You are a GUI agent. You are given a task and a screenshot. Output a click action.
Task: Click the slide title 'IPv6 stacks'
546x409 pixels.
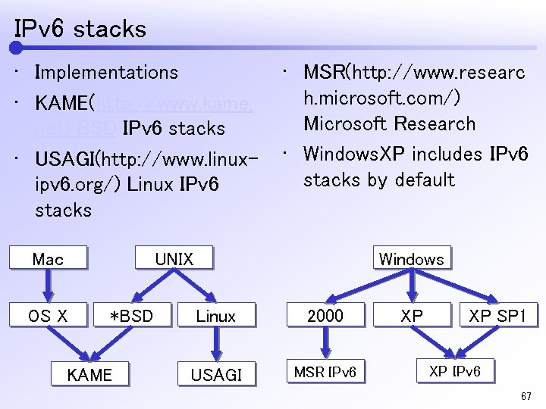[x=80, y=30]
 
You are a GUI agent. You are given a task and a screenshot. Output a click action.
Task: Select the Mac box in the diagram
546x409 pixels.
[x=48, y=259]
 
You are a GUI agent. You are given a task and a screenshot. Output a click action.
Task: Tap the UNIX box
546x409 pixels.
[x=174, y=259]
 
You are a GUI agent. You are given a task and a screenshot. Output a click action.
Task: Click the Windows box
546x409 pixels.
[x=411, y=259]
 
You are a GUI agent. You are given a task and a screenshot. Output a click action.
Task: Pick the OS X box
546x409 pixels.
[x=48, y=316]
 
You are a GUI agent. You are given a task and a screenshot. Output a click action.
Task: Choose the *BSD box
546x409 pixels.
[x=131, y=316]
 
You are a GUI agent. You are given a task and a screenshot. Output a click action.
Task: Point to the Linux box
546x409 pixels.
[x=216, y=316]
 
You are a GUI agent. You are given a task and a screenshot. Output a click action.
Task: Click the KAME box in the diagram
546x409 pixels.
[x=89, y=374]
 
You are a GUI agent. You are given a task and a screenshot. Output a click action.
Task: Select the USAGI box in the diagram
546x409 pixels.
[x=216, y=374]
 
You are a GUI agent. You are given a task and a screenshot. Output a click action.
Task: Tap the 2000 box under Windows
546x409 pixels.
[x=325, y=315]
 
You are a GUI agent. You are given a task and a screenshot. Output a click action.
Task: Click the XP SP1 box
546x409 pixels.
[x=497, y=315]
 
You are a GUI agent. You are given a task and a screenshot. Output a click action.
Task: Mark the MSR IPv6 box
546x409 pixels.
[x=325, y=372]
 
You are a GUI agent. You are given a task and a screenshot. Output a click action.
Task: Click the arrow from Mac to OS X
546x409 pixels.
[x=48, y=287]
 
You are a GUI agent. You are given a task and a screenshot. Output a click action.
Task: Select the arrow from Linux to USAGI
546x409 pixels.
[x=216, y=345]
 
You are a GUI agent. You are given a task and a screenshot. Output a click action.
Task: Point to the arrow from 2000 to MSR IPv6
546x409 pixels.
[x=325, y=344]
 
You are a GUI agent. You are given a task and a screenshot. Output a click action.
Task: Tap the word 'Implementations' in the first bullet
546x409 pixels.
[x=107, y=73]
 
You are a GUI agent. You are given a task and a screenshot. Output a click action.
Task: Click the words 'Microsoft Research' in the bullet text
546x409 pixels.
[x=390, y=124]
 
